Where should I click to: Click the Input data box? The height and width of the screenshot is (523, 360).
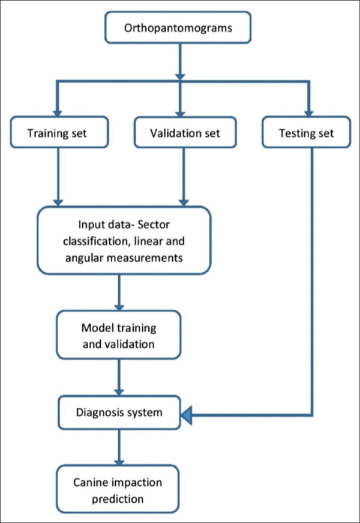[125, 240]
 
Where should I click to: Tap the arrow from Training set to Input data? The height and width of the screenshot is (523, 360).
[58, 177]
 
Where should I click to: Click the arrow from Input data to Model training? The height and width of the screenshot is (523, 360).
[120, 292]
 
